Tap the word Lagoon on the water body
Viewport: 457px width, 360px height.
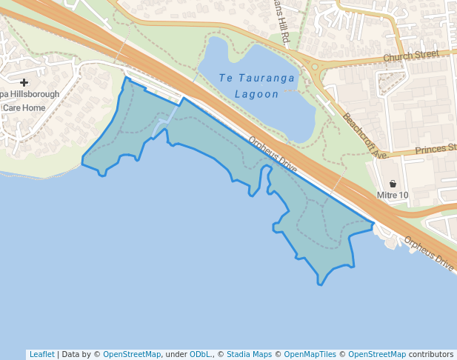(x=256, y=94)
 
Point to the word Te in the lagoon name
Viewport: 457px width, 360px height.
(x=225, y=78)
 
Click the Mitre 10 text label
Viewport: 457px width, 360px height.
(x=393, y=196)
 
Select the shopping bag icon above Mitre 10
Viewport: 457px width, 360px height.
(x=393, y=184)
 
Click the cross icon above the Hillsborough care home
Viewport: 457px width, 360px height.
(x=24, y=82)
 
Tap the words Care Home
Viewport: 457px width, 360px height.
(x=24, y=107)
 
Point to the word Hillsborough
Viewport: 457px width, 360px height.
(x=34, y=94)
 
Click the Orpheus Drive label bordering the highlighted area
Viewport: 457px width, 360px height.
(x=272, y=155)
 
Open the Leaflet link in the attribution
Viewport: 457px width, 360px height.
(x=41, y=354)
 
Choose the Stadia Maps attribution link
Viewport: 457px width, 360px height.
(x=249, y=354)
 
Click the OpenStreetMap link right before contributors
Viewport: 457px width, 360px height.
(x=377, y=354)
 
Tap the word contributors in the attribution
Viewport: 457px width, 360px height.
(x=431, y=354)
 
